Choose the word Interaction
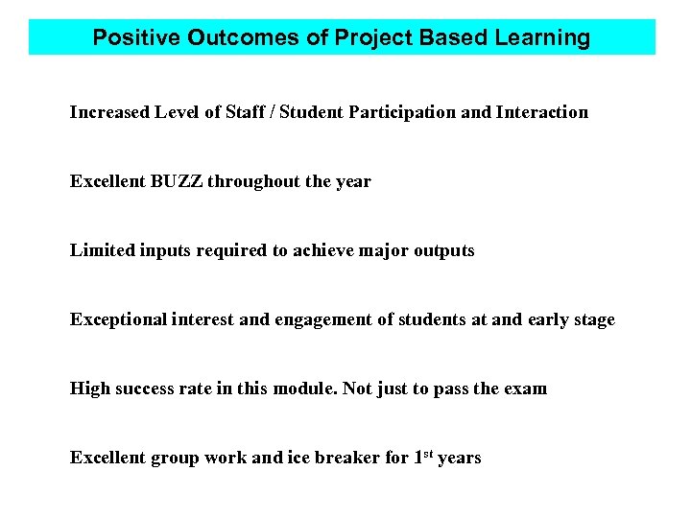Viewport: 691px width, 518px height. (x=542, y=112)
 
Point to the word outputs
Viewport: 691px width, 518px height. (x=443, y=250)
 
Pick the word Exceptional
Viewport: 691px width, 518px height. (x=118, y=319)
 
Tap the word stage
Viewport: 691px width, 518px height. (x=592, y=319)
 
